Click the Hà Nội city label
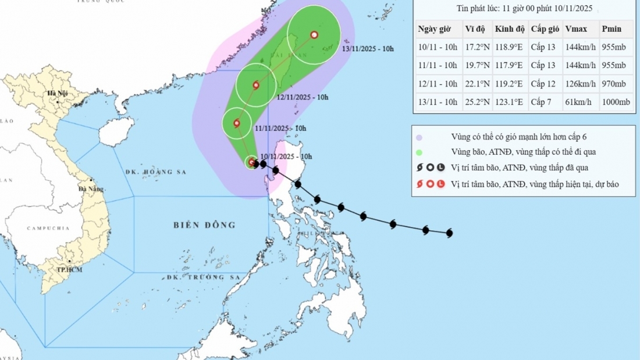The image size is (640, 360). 59,93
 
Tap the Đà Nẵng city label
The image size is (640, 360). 92,189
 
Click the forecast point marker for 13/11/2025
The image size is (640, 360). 314,35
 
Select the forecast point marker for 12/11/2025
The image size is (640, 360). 256,85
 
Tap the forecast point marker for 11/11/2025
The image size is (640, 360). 237,123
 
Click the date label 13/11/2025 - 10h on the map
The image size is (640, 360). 368,49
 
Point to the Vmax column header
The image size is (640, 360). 577,29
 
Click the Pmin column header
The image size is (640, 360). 612,29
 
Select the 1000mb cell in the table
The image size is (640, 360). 616,102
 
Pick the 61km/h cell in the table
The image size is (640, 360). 578,102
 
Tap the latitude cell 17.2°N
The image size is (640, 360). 476,48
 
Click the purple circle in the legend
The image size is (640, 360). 419,138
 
